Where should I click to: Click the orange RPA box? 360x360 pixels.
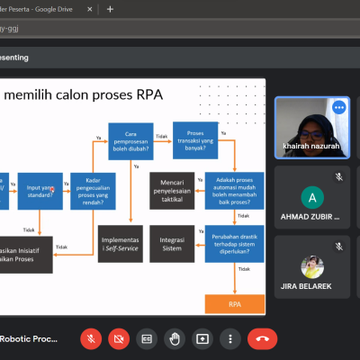234,304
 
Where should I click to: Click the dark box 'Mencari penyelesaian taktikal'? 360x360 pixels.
173,186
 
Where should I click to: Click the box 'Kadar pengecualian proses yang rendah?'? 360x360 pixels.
94,190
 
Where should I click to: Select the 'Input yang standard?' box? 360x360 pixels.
41,190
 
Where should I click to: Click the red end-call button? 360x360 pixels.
263,338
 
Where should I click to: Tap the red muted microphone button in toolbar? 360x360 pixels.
90,338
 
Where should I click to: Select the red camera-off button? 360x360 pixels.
118,338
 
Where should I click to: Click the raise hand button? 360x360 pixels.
175,338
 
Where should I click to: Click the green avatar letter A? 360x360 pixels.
311,197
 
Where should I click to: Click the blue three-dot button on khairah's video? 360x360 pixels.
339,107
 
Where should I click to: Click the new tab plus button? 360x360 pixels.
110,8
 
